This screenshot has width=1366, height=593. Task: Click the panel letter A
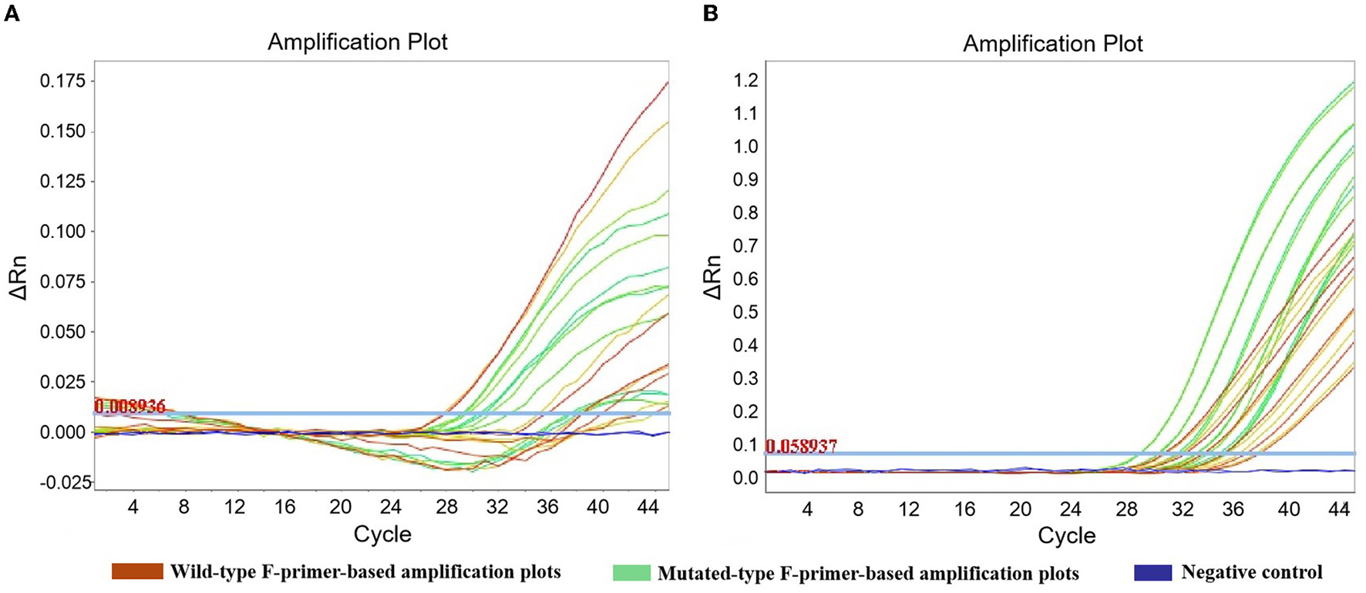(12, 14)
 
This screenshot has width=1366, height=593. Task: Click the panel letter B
(710, 14)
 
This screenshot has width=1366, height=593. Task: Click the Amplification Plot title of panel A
(357, 42)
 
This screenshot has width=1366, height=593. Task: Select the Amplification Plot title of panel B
(1052, 44)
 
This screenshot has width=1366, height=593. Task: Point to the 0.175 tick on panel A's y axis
(63, 81)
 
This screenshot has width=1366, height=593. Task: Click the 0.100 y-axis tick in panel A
(63, 231)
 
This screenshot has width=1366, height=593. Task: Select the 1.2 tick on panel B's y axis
(745, 80)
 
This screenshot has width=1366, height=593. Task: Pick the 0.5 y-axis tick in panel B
(745, 312)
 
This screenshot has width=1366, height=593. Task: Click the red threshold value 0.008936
(130, 406)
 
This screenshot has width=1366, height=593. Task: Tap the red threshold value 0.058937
(801, 446)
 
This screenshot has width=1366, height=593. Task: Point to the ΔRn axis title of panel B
(714, 277)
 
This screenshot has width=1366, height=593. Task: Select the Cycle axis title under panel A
(382, 534)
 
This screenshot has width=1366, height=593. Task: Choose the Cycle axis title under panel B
(1066, 535)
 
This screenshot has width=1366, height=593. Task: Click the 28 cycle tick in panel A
(446, 507)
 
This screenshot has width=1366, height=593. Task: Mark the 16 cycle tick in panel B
(964, 508)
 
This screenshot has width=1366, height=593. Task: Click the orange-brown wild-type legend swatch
(137, 571)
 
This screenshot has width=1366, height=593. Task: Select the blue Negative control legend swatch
(1152, 572)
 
